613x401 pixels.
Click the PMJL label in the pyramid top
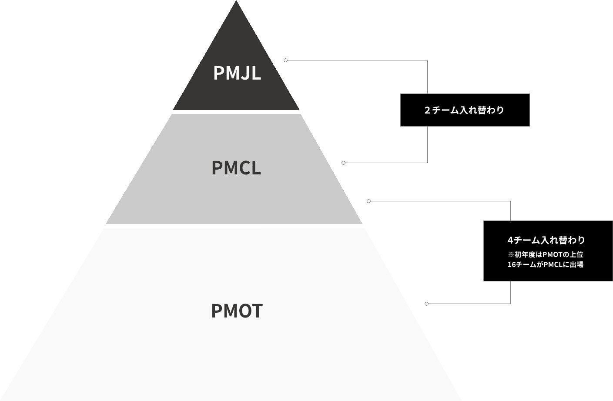[x=237, y=73]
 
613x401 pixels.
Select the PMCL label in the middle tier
[x=236, y=168]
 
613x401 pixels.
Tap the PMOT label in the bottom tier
[x=237, y=311]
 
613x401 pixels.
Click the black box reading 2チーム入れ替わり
[x=465, y=110]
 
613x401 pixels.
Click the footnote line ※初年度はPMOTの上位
[x=546, y=254]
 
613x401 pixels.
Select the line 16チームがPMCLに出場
[x=546, y=264]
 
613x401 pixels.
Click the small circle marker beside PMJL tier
[x=286, y=60]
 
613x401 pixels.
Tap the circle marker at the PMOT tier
[x=426, y=304]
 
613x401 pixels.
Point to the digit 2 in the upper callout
[x=427, y=110]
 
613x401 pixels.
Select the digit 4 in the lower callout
[x=510, y=240]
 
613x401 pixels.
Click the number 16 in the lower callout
[x=512, y=264]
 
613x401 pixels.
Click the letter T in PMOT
[x=257, y=311]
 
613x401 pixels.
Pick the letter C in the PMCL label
[x=242, y=168]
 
